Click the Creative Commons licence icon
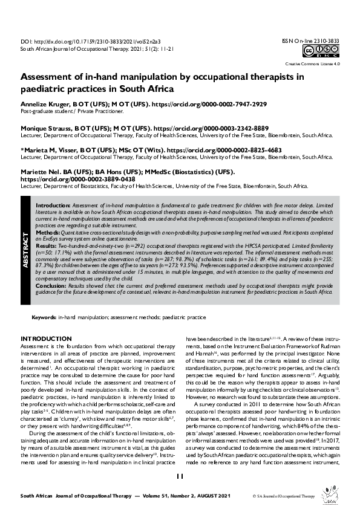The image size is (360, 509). coord(321,52)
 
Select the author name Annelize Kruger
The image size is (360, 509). coord(46,105)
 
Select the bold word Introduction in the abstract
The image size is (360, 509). coord(53,206)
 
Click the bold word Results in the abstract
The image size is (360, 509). coord(46,247)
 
